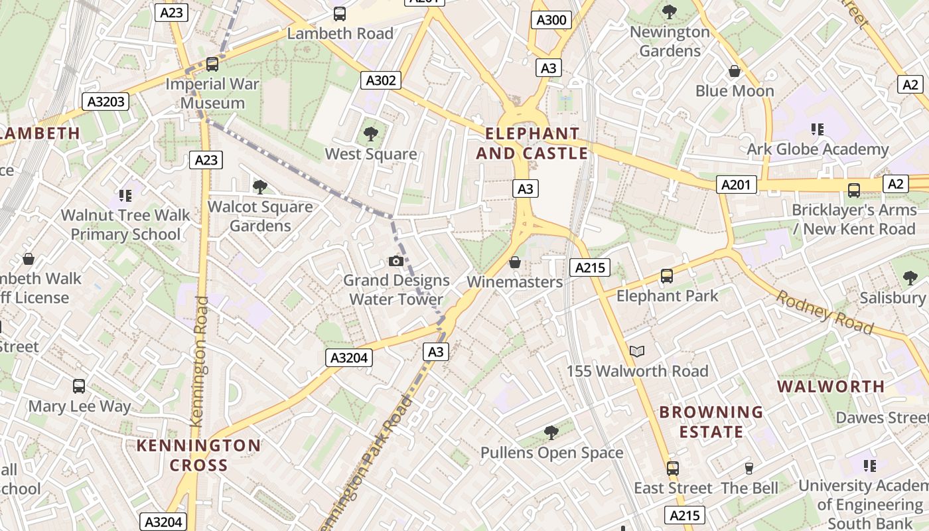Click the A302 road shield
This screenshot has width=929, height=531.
point(381,81)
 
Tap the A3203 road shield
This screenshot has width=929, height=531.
point(106,102)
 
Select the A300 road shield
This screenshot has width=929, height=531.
point(551,20)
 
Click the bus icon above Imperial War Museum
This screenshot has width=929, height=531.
point(212,64)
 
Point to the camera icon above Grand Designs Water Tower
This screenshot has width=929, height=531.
point(396,261)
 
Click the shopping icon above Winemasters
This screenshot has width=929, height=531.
point(514,263)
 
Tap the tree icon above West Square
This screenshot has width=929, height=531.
point(371,134)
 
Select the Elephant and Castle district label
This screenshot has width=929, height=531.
point(532,143)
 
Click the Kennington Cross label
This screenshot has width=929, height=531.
point(198,455)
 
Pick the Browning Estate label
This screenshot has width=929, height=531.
point(711,421)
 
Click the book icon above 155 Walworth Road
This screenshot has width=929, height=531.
point(637,351)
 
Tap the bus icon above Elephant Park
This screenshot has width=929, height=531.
point(667,275)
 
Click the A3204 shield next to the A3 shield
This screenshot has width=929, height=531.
point(350,358)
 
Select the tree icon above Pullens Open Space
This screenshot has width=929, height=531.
point(551,433)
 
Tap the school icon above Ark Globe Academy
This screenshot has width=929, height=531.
point(818,129)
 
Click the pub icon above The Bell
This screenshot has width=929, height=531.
point(749,469)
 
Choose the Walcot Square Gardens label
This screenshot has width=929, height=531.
point(260,216)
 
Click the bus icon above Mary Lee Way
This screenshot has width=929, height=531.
point(79,386)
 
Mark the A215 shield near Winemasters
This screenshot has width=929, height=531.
point(589,267)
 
